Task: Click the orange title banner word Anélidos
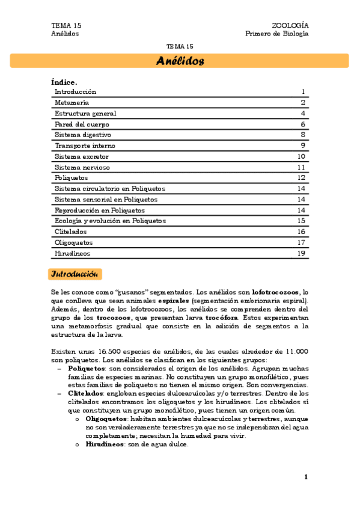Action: pos(180,61)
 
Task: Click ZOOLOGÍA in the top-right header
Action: pos(290,25)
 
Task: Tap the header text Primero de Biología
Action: pos(276,34)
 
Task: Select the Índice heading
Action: pos(64,81)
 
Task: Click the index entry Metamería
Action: pos(71,103)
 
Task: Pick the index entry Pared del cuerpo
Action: pos(82,124)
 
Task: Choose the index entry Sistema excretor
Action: pos(82,156)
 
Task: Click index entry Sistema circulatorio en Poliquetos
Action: pos(109,189)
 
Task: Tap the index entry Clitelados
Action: pos(71,232)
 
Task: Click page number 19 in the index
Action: pos(302,253)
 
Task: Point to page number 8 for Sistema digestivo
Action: pos(304,135)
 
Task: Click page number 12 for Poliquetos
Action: pos(302,178)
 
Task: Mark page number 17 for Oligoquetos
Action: pos(302,242)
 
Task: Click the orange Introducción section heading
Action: pos(75,274)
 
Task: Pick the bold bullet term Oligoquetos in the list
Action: pos(106,417)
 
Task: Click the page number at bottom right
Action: pos(306,477)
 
